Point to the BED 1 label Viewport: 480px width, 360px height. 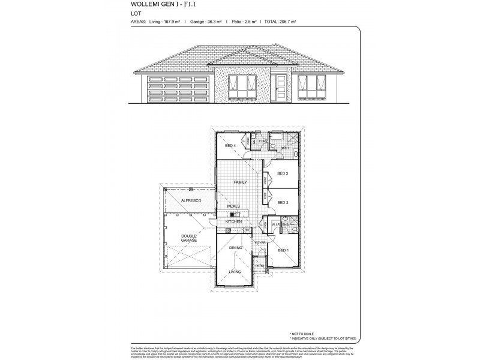283,250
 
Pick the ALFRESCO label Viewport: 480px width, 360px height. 190,200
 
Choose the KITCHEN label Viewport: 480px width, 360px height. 233,221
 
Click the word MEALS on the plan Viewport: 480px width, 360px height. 233,206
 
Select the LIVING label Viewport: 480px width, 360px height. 235,272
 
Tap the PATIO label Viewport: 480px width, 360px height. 260,265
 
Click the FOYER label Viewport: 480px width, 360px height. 260,242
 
